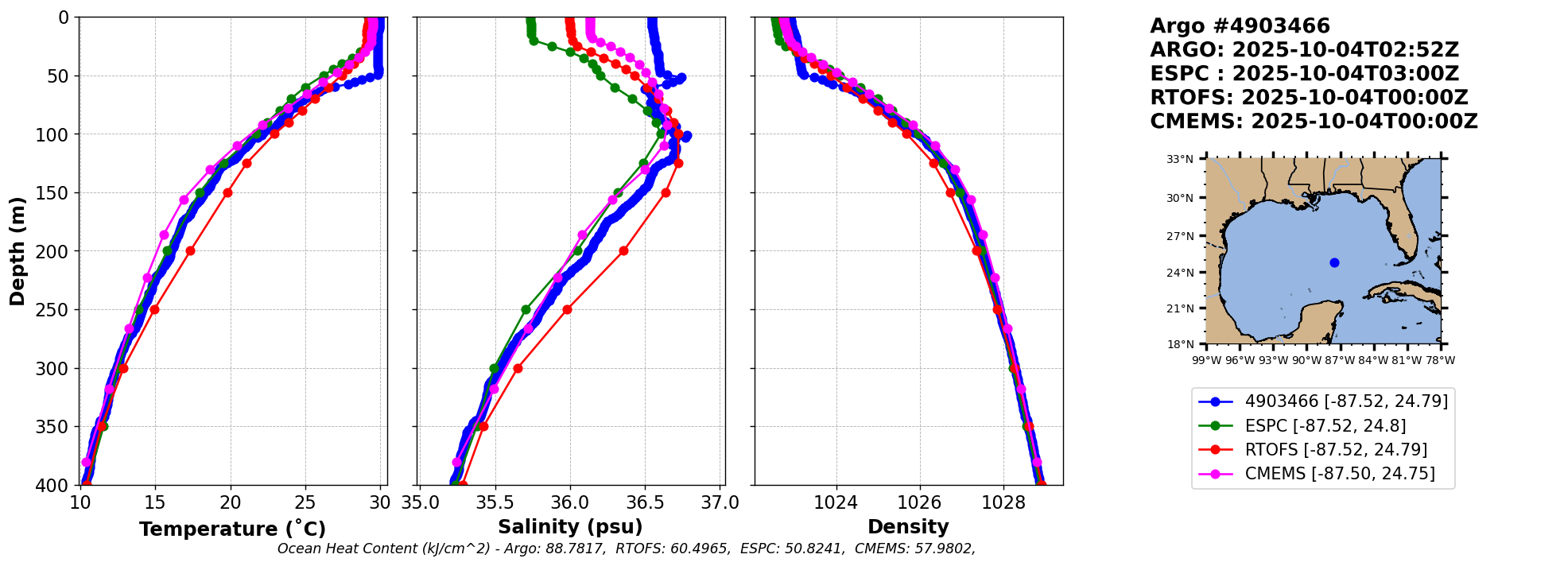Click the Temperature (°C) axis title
pyautogui.click(x=232, y=529)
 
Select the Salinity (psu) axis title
pyautogui.click(x=570, y=527)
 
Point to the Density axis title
pyautogui.click(x=908, y=527)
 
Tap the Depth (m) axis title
pyautogui.click(x=17, y=251)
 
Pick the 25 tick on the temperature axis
pyautogui.click(x=305, y=502)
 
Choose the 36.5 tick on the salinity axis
pyautogui.click(x=646, y=502)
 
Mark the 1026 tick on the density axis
pyautogui.click(x=920, y=502)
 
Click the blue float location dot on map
pyautogui.click(x=1334, y=262)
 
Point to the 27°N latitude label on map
pyautogui.click(x=1180, y=236)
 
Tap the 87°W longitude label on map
pyautogui.click(x=1340, y=360)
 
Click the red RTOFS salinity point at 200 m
pyautogui.click(x=623, y=250)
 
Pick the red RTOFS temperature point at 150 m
pyautogui.click(x=227, y=192)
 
